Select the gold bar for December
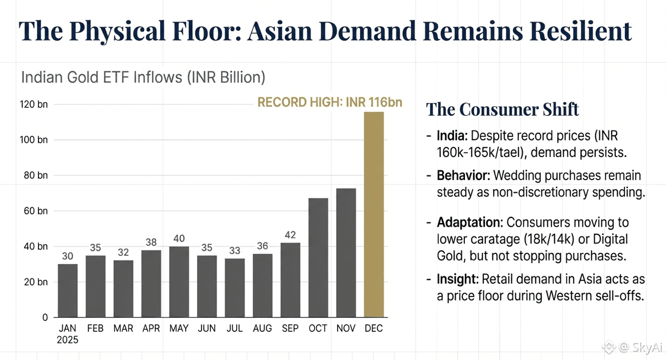[374, 214]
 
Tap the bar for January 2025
[68, 290]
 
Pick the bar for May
[179, 282]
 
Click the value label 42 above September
[290, 235]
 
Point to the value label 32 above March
[123, 252]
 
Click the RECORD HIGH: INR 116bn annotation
[329, 102]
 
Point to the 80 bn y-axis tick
[35, 175]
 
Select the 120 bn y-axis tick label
[34, 105]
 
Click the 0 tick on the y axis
[45, 317]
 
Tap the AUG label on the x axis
[262, 329]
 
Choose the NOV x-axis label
[346, 329]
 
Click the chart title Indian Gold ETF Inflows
[143, 77]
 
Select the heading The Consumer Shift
[502, 109]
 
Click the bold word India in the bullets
[452, 136]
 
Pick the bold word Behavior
[463, 176]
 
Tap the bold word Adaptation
[468, 223]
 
